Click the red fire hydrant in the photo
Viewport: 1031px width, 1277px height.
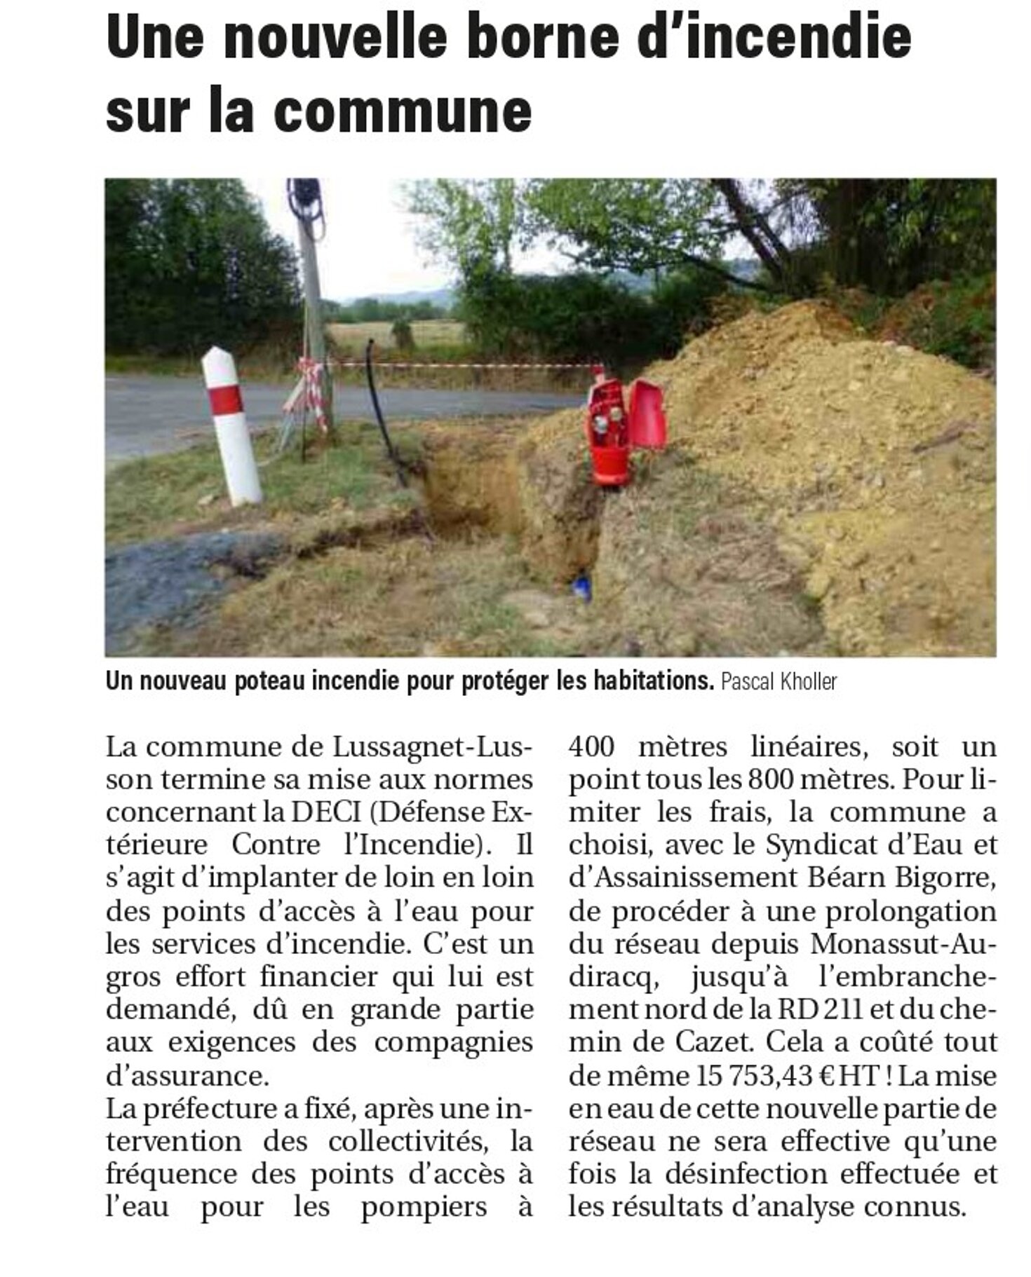coord(607,435)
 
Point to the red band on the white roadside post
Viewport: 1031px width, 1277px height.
coord(226,400)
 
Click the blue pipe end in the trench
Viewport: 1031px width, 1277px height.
coord(582,587)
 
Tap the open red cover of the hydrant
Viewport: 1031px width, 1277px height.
coord(647,415)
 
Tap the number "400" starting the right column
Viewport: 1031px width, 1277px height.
coord(592,746)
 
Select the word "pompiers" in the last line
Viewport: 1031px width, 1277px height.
coord(424,1208)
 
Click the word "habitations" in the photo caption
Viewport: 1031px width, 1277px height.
coord(653,681)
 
